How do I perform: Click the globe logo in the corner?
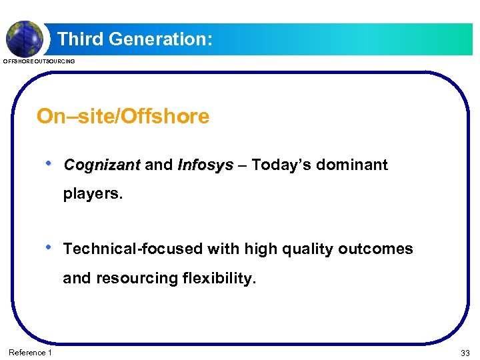point(25,37)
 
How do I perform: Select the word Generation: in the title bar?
point(160,39)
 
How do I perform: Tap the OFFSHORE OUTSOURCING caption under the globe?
point(39,61)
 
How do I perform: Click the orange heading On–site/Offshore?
point(123,117)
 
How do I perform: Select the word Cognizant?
point(102,165)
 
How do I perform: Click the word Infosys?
point(205,165)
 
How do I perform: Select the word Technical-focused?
point(133,249)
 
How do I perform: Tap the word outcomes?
point(375,249)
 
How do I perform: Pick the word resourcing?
point(137,278)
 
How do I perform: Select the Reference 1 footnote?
point(29,352)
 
